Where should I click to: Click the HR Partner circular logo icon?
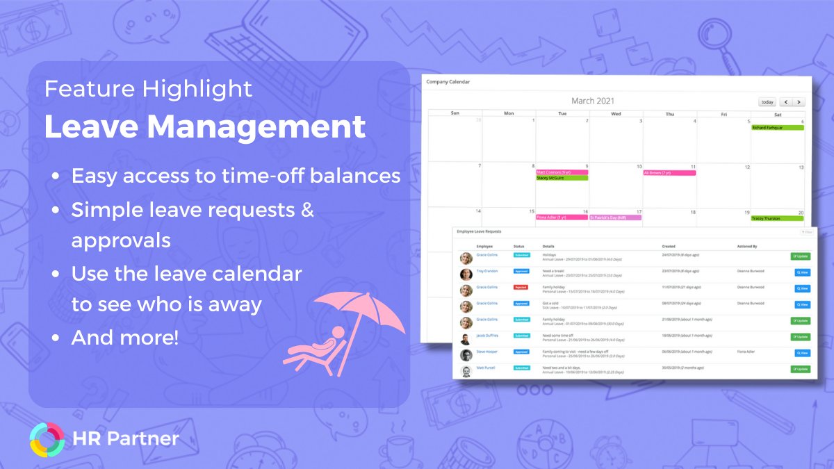[x=47, y=438]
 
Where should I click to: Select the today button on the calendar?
[x=767, y=102]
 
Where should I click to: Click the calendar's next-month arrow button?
[x=799, y=102]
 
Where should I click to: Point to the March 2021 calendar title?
[x=592, y=101]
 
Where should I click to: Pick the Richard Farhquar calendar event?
[x=777, y=128]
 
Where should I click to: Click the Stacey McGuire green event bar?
[x=562, y=178]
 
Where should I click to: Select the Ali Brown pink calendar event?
[x=669, y=172]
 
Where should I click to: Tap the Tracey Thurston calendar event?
[x=777, y=218]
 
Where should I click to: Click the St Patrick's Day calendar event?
[x=615, y=217]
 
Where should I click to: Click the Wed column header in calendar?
[x=616, y=113]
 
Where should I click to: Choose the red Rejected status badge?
[x=521, y=287]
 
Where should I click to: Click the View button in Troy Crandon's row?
[x=801, y=272]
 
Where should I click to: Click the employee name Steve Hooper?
[x=487, y=352]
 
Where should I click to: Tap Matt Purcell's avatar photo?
[x=466, y=370]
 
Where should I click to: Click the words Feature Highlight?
[x=148, y=88]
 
